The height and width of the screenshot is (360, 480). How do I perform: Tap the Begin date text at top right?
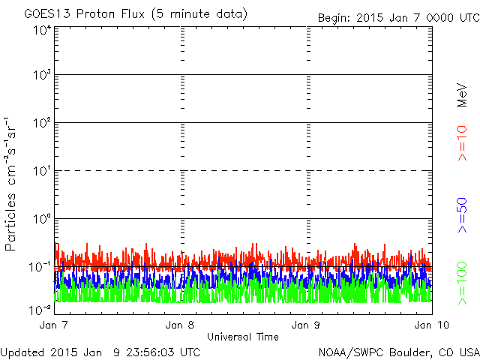point(397,17)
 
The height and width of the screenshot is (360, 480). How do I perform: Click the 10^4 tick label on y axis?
point(42,30)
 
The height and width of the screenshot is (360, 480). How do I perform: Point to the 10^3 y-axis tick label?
point(42,76)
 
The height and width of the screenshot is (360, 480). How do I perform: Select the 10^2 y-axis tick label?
point(42,124)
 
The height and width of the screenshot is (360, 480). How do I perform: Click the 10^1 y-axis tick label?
point(42,172)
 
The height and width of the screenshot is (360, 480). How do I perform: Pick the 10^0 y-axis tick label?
point(42,220)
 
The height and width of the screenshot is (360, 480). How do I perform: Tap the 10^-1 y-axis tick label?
point(40,268)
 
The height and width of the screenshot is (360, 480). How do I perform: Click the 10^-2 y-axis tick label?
point(40,309)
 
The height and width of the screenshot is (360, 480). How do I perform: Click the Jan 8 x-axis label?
point(181,325)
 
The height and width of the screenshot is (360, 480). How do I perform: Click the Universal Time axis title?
point(242,337)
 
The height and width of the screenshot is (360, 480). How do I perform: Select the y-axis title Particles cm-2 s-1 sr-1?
point(13,184)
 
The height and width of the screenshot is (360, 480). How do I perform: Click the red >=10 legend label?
point(463,142)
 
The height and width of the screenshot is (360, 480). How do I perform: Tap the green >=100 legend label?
point(463,281)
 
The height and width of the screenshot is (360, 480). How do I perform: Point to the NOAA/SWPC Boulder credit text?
point(398,352)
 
